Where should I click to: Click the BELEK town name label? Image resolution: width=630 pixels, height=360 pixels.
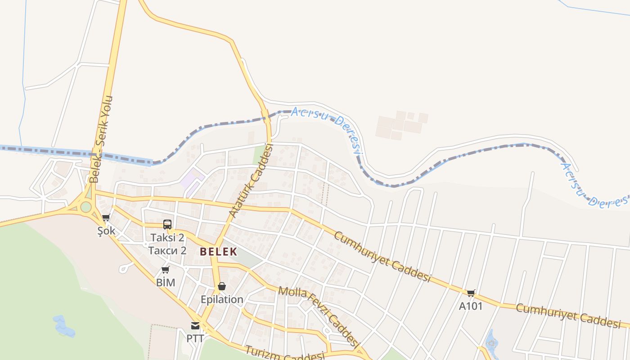[219, 252]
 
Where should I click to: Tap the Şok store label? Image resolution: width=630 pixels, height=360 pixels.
[107, 231]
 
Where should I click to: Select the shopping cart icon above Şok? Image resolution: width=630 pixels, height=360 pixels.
[106, 218]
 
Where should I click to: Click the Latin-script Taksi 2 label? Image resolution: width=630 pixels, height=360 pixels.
[167, 238]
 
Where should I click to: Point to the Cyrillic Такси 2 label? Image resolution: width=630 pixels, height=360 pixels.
[167, 250]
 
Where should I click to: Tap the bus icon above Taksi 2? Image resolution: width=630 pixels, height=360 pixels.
[167, 224]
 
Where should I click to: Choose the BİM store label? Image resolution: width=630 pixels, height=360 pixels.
[165, 283]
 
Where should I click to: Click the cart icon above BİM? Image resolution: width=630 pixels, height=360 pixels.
[165, 270]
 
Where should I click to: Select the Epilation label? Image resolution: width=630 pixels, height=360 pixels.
[222, 299]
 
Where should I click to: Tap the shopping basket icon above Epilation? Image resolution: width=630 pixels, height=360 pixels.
[221, 286]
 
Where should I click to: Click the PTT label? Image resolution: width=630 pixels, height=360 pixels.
[195, 338]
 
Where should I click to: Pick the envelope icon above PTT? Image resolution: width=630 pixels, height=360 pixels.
[195, 326]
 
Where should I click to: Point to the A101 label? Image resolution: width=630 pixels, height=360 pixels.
[471, 306]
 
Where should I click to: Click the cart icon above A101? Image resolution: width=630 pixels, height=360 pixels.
[471, 293]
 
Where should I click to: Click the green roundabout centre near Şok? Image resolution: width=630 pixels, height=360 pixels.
[86, 207]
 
